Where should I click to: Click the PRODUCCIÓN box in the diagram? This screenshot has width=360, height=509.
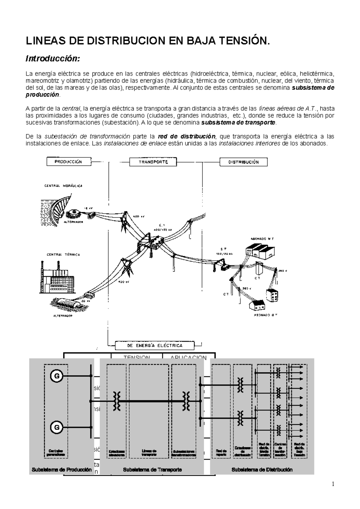coord(68,162)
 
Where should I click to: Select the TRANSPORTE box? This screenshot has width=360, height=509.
coord(153,162)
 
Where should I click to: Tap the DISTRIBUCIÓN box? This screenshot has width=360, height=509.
coord(244,162)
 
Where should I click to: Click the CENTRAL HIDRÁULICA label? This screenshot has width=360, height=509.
coord(63,186)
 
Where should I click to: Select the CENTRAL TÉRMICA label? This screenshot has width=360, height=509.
coord(63,255)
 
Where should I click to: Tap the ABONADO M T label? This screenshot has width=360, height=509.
coord(262,239)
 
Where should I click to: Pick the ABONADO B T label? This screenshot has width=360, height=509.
coord(265,315)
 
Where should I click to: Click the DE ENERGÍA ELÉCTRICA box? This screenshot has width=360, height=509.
coord(155,345)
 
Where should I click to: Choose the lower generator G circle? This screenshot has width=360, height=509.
coord(56,427)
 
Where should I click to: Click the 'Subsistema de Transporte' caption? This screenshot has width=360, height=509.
coord(152,470)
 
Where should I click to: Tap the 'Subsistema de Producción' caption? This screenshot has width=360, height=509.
coord(61,470)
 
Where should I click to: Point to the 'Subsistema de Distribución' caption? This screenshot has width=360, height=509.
coord(262,470)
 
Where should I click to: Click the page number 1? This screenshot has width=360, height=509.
coord(333,484)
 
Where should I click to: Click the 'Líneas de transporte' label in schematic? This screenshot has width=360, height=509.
coord(149,453)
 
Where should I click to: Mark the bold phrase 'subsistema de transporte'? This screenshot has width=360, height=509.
coord(238,123)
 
